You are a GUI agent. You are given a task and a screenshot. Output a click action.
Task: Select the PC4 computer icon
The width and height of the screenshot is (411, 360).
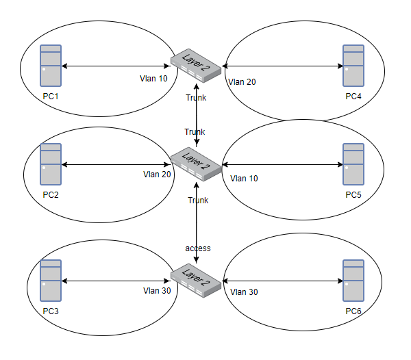[353, 66]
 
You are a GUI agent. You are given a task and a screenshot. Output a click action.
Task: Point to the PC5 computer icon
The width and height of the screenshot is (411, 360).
[353, 164]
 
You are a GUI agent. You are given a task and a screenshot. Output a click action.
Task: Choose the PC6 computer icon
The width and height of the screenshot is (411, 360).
[353, 281]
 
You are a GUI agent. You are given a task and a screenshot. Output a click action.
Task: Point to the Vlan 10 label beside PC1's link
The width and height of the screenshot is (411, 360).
[153, 78]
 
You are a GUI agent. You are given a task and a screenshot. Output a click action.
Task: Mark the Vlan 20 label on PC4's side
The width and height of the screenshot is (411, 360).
[242, 81]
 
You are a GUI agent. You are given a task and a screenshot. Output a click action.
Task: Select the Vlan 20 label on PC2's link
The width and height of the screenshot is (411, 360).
[157, 175]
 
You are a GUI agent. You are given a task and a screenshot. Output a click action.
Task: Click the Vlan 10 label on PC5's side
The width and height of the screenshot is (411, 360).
[245, 179]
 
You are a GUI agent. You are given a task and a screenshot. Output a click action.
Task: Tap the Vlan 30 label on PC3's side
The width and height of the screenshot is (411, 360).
[156, 290]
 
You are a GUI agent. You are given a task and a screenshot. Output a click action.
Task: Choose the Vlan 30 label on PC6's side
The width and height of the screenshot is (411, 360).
[245, 292]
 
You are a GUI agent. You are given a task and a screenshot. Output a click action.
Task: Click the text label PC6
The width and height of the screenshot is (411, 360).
[353, 312]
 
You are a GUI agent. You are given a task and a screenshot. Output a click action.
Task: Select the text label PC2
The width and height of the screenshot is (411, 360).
[51, 195]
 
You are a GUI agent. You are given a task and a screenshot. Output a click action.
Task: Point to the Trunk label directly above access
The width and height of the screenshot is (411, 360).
[197, 201]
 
